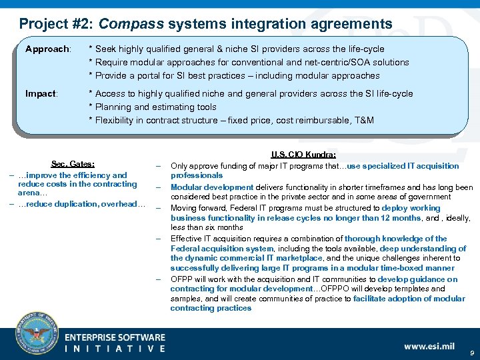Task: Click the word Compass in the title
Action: point(131,25)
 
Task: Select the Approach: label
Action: point(47,49)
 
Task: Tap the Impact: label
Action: point(41,93)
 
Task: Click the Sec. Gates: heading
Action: point(73,164)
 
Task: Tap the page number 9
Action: point(471,351)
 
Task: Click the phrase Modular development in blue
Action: point(212,187)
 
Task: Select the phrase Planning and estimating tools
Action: point(156,107)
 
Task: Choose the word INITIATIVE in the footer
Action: point(115,348)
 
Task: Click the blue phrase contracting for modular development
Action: point(241,289)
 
